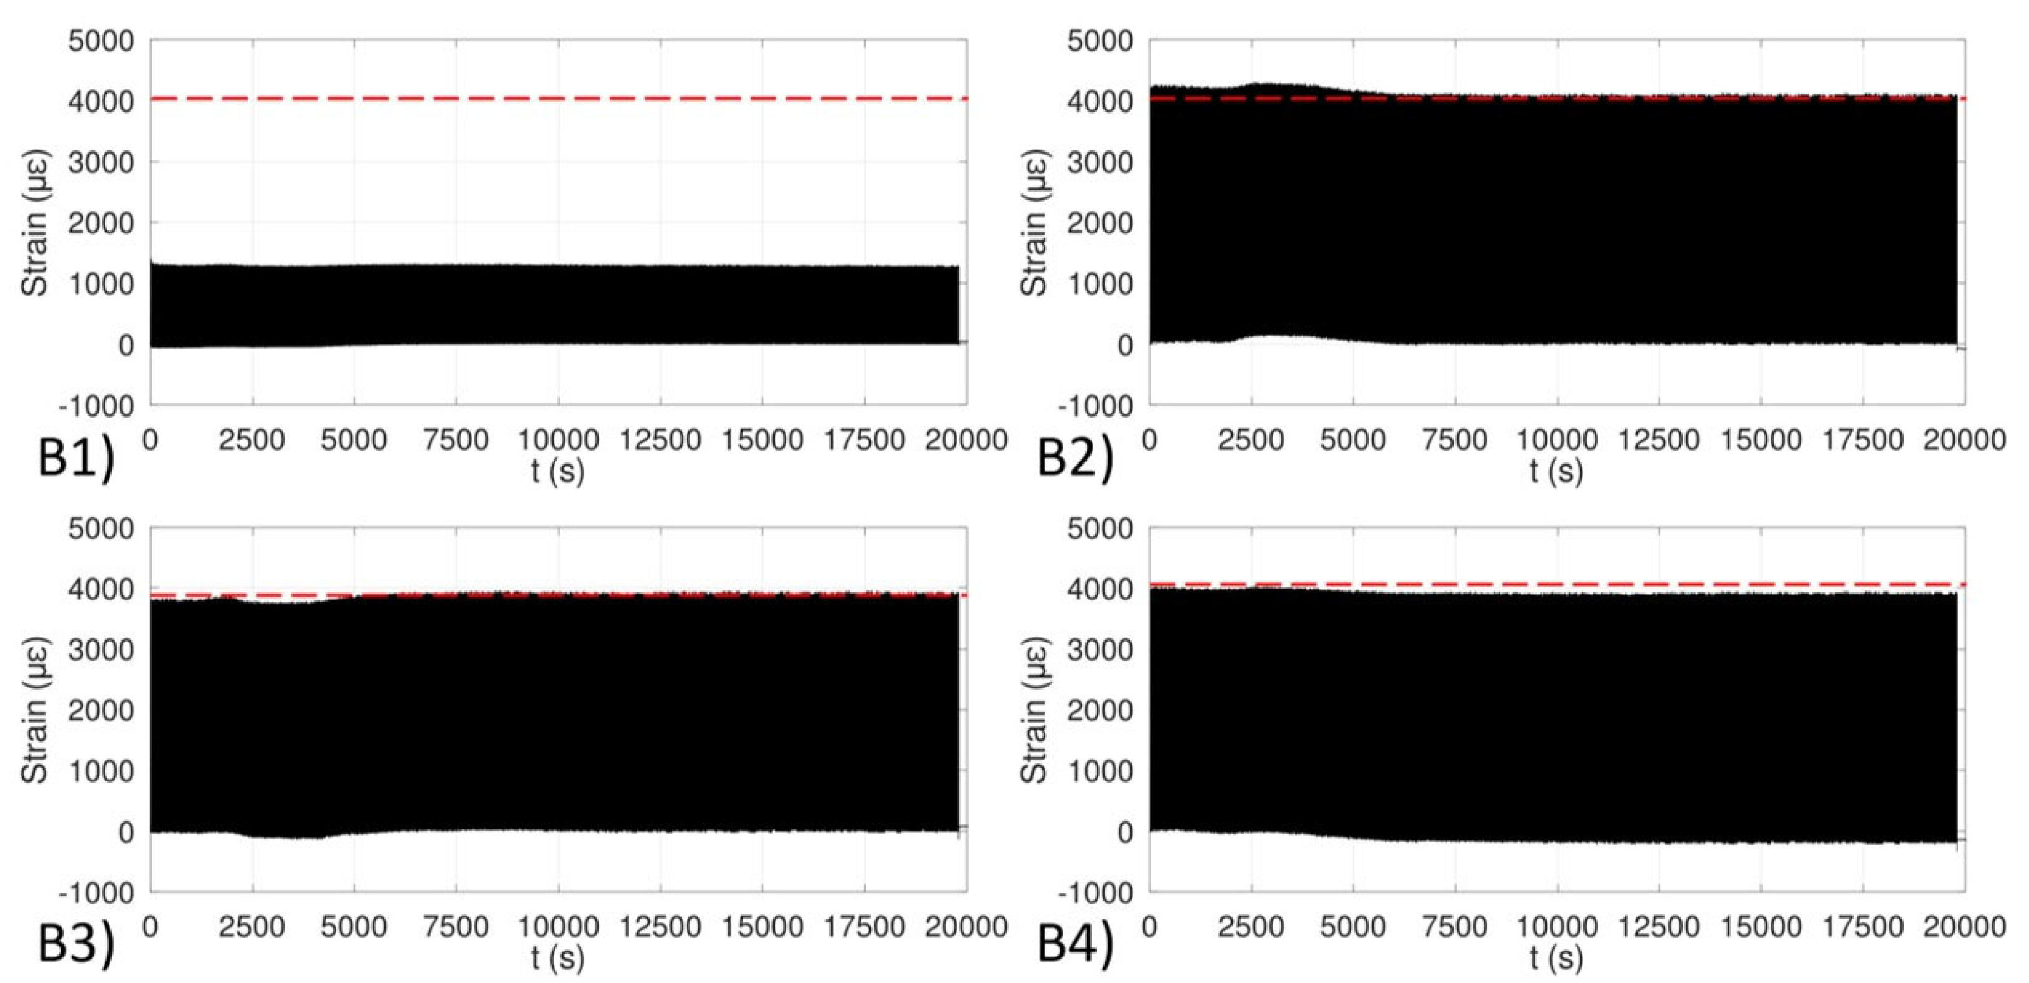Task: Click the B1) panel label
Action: point(76,457)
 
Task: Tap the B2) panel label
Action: point(1075,457)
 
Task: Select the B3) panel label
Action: point(76,944)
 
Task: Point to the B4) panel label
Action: point(1075,944)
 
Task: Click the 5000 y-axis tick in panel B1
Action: point(101,41)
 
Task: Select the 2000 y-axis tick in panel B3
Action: point(101,710)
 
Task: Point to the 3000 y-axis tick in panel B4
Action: point(1100,650)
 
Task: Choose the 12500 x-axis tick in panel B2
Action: point(1659,439)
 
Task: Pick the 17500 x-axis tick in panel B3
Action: point(864,926)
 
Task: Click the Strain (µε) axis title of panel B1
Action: point(36,223)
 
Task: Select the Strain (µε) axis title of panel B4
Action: point(1034,710)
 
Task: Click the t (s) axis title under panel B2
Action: point(1557,471)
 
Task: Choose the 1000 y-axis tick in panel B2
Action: point(1100,285)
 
